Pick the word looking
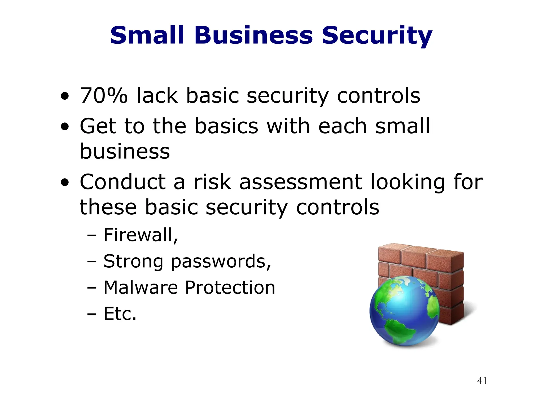click(x=408, y=183)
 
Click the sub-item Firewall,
click(x=141, y=235)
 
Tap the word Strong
click(x=133, y=262)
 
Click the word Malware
click(x=141, y=287)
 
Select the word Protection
click(x=230, y=287)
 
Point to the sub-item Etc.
click(x=120, y=314)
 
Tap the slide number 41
click(x=482, y=381)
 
